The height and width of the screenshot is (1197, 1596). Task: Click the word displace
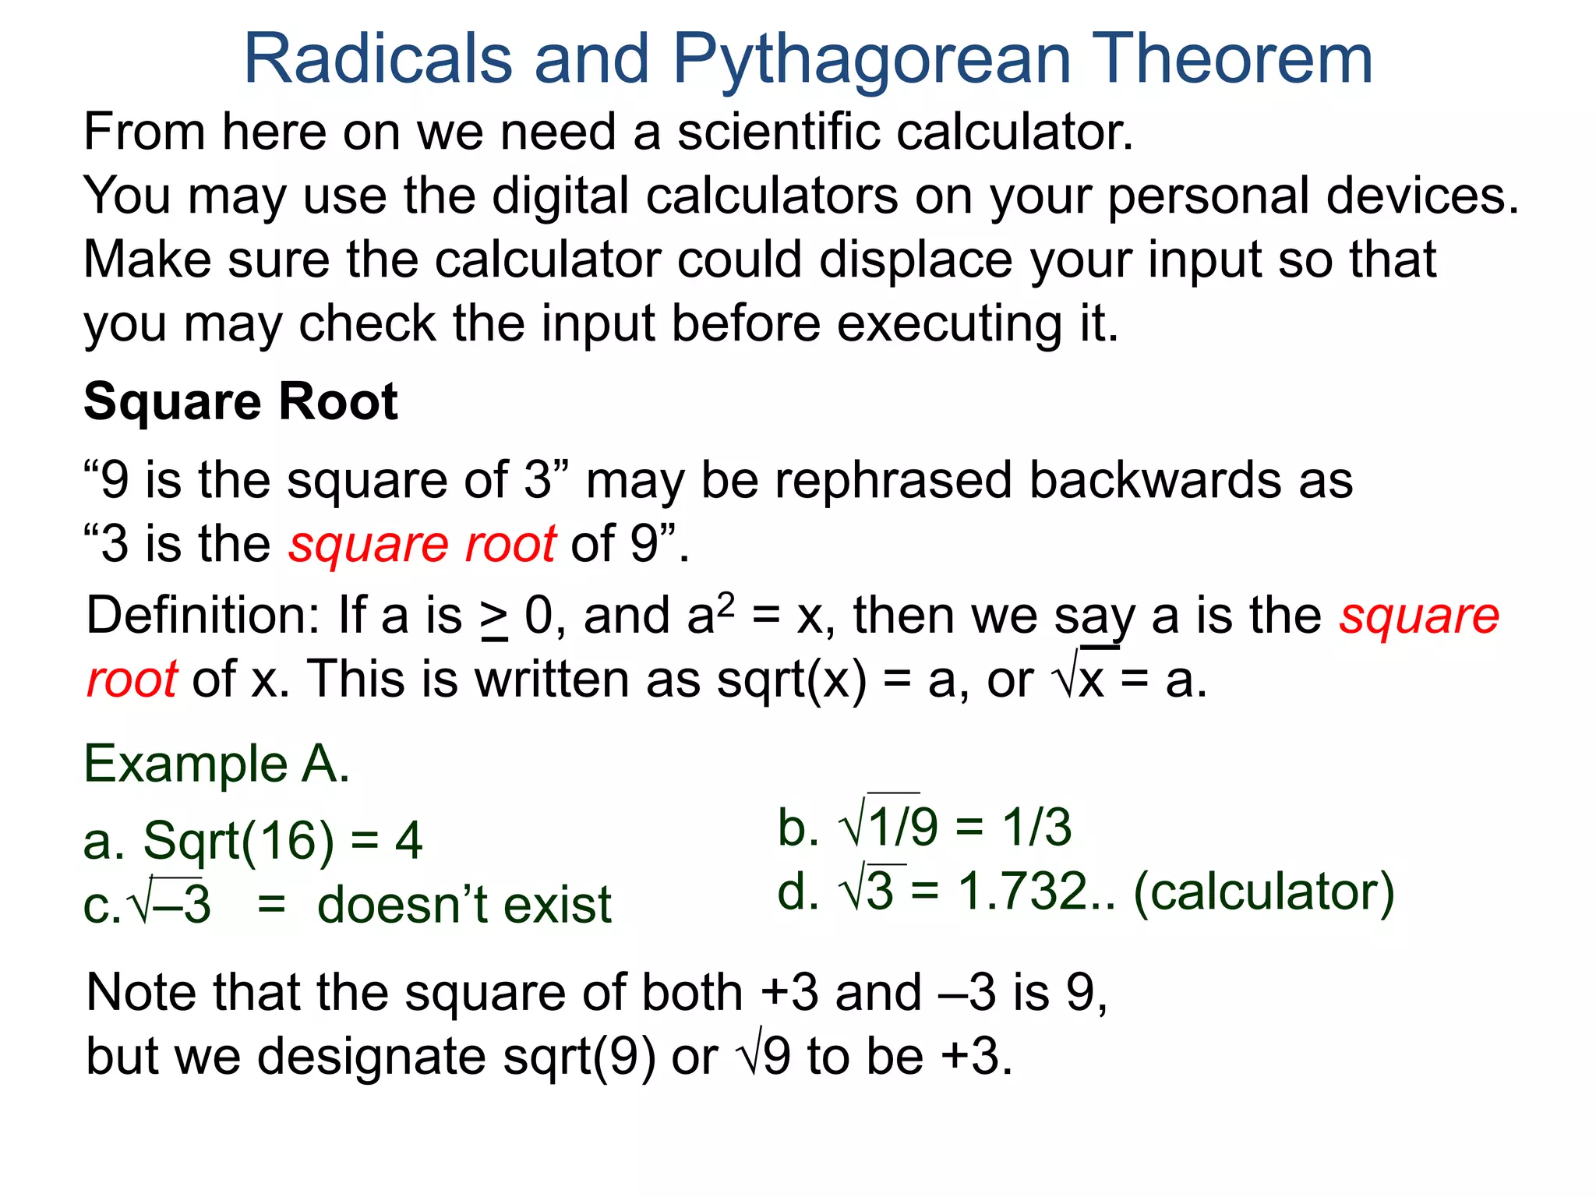tap(907, 260)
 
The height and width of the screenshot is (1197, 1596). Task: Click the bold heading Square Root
tap(241, 402)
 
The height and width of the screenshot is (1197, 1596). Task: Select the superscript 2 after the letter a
tap(726, 602)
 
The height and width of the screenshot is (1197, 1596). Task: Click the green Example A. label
tap(217, 764)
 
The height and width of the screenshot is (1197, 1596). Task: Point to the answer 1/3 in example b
tap(1036, 827)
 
